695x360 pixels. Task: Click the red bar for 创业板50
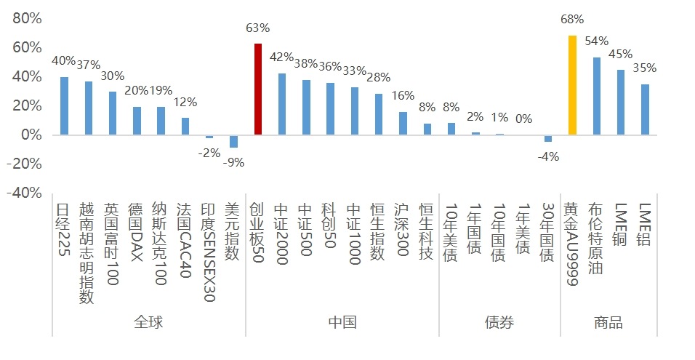257,89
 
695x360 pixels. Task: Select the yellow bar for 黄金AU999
572,85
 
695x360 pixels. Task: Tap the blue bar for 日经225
64,106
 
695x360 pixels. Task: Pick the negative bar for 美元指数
233,141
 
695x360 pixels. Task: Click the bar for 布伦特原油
596,96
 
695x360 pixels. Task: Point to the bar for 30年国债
548,138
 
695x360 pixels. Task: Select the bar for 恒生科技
427,129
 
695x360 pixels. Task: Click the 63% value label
257,28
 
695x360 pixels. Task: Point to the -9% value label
233,162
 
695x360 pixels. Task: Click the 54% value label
597,41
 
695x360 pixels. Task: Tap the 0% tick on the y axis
32,135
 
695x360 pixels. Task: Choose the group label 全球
148,322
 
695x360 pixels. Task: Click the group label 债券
499,322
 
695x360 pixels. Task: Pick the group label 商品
608,322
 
